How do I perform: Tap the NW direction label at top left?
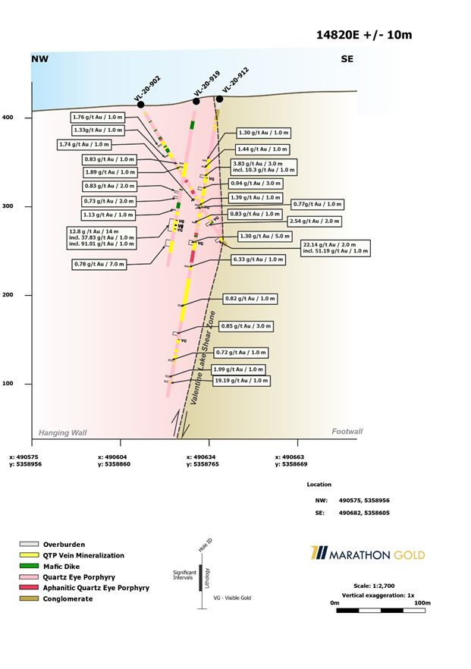39,59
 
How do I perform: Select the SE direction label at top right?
347,59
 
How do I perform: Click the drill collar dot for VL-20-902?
141,105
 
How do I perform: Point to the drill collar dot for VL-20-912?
219,99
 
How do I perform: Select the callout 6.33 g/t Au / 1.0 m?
259,259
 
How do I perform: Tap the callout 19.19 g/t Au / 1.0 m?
241,381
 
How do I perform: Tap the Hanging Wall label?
63,432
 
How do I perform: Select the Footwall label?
347,432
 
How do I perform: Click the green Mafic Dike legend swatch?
29,567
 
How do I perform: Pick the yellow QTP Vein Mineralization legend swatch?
29,556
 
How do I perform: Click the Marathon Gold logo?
367,554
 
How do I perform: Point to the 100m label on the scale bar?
422,603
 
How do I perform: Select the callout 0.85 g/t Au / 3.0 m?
246,326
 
